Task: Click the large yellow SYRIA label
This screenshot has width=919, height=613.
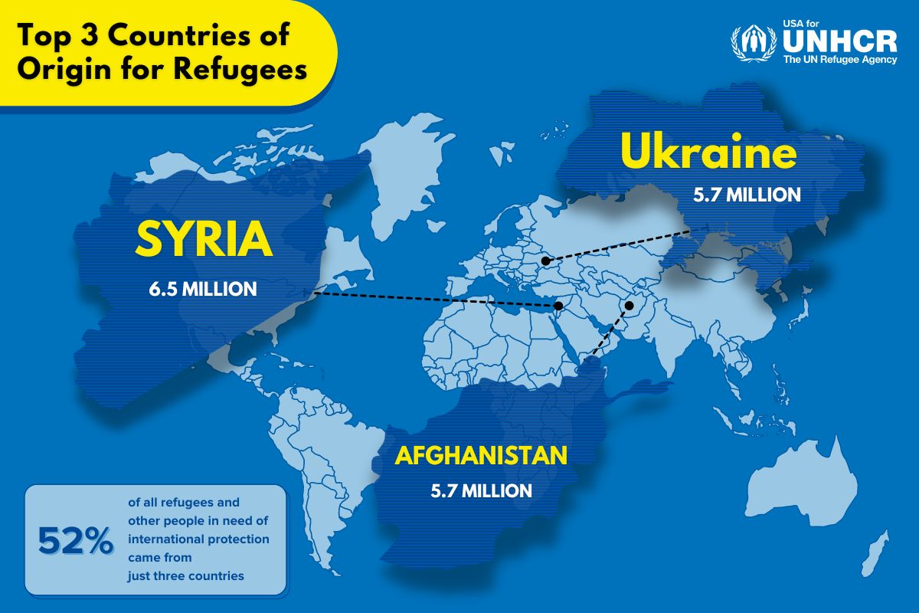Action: tap(203, 239)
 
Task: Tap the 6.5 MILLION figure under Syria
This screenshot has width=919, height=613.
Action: tap(203, 290)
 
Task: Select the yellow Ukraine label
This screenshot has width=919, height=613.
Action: tap(708, 152)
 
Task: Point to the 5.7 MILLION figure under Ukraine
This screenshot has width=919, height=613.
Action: tap(747, 195)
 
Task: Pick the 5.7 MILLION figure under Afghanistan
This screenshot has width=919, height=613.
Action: tap(481, 490)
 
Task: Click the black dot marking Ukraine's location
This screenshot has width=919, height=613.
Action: tap(545, 261)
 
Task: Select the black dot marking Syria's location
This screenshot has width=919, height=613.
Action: tap(559, 306)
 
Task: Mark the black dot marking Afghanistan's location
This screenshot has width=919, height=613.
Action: tap(629, 306)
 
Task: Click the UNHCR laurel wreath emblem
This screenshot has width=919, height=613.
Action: tap(754, 44)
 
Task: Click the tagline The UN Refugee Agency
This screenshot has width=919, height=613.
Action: tap(839, 60)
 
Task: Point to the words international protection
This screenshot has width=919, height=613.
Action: tap(198, 539)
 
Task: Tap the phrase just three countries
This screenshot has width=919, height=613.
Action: tap(186, 575)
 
